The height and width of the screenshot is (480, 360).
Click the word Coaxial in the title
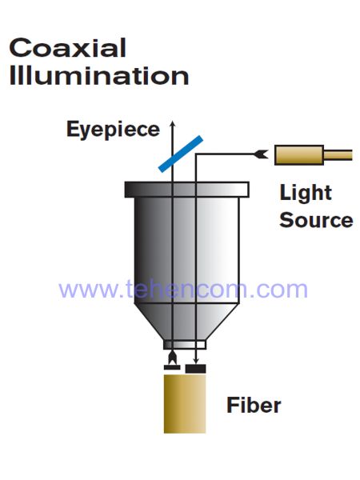[68, 48]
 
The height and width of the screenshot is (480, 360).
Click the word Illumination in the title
[99, 75]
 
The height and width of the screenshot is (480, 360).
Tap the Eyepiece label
[113, 130]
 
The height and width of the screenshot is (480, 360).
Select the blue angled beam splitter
[181, 154]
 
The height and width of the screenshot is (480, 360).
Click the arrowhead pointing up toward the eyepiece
[173, 124]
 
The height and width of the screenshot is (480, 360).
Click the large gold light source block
[299, 155]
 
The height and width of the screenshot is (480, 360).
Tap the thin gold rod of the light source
[338, 155]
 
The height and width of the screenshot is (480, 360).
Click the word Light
[306, 194]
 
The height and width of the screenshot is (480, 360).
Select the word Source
[316, 220]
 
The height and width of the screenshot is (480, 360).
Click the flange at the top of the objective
[186, 190]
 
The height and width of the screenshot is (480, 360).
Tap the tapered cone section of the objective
[186, 322]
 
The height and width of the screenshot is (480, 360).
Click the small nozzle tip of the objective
[185, 345]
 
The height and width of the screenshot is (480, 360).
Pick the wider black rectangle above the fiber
[196, 369]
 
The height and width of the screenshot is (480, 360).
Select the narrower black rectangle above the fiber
[172, 367]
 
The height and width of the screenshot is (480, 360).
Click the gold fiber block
[185, 404]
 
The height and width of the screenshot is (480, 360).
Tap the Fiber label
[254, 405]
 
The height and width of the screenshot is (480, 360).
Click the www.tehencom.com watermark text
[183, 289]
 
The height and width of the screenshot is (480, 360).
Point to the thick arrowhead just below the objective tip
[172, 357]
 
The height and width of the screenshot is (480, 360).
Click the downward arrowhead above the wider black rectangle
[196, 362]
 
